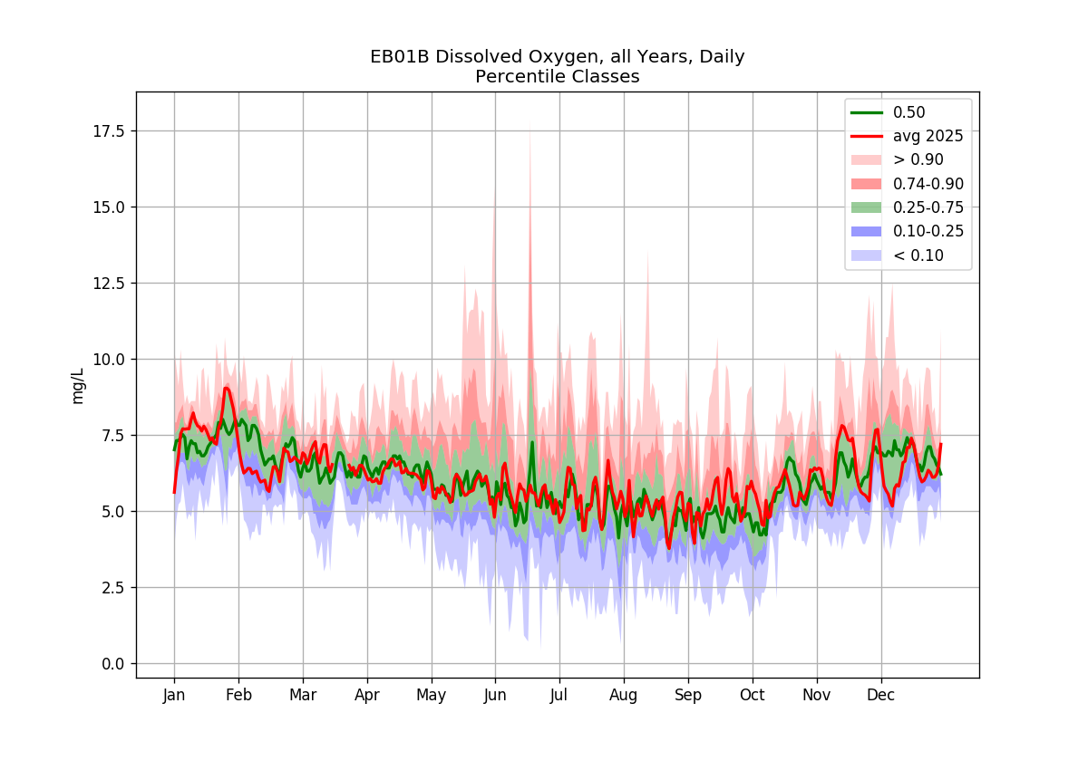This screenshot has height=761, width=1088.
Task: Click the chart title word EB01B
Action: [399, 57]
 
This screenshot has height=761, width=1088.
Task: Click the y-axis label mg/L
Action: [78, 386]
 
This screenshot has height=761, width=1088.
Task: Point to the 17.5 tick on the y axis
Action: [109, 131]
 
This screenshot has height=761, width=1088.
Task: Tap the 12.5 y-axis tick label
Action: [109, 283]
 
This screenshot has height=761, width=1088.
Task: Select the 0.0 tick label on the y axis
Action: [112, 664]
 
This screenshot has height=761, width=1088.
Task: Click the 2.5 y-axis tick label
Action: [112, 588]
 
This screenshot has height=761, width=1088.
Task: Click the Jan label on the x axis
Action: [174, 695]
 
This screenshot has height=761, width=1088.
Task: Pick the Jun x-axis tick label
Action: [495, 695]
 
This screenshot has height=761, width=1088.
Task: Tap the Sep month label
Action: [688, 695]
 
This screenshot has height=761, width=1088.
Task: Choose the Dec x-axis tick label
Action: [880, 695]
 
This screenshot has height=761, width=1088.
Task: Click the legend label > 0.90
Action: [918, 159]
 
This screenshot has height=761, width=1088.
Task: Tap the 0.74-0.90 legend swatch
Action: [866, 183]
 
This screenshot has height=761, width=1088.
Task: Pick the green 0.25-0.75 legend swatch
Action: [866, 207]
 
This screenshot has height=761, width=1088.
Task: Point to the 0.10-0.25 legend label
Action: [928, 231]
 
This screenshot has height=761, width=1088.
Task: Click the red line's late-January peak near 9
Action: [227, 388]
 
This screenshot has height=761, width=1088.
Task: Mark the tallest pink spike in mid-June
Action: [529, 124]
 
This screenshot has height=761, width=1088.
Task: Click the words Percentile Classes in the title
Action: [557, 77]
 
